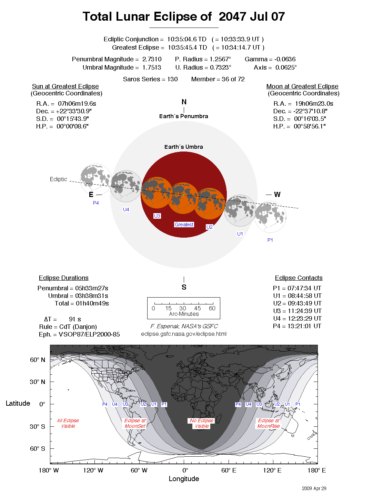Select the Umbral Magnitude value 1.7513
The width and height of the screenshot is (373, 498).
(x=152, y=68)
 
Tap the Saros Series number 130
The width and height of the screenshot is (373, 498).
(x=172, y=79)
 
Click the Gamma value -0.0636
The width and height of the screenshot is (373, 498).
(x=285, y=59)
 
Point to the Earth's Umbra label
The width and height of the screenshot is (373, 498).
(x=183, y=147)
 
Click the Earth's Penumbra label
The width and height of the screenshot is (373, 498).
(x=183, y=116)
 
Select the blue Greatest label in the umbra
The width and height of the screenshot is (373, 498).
(x=184, y=225)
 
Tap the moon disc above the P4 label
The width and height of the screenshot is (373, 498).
(x=96, y=179)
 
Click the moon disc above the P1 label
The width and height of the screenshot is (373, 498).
(x=271, y=217)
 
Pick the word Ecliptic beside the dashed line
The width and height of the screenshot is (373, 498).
(x=58, y=179)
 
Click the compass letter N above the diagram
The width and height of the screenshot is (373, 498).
(x=184, y=102)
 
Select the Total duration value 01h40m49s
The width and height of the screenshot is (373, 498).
(x=92, y=303)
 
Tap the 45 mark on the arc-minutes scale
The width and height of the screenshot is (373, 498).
(x=198, y=308)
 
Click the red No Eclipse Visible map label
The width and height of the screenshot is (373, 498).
(x=202, y=423)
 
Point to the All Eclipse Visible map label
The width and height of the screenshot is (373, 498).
(x=68, y=423)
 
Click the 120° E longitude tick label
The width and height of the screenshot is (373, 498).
(x=272, y=470)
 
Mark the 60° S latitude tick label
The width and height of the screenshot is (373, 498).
(x=37, y=449)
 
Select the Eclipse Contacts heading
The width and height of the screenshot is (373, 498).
(x=299, y=278)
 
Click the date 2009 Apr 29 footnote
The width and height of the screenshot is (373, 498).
(x=314, y=488)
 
